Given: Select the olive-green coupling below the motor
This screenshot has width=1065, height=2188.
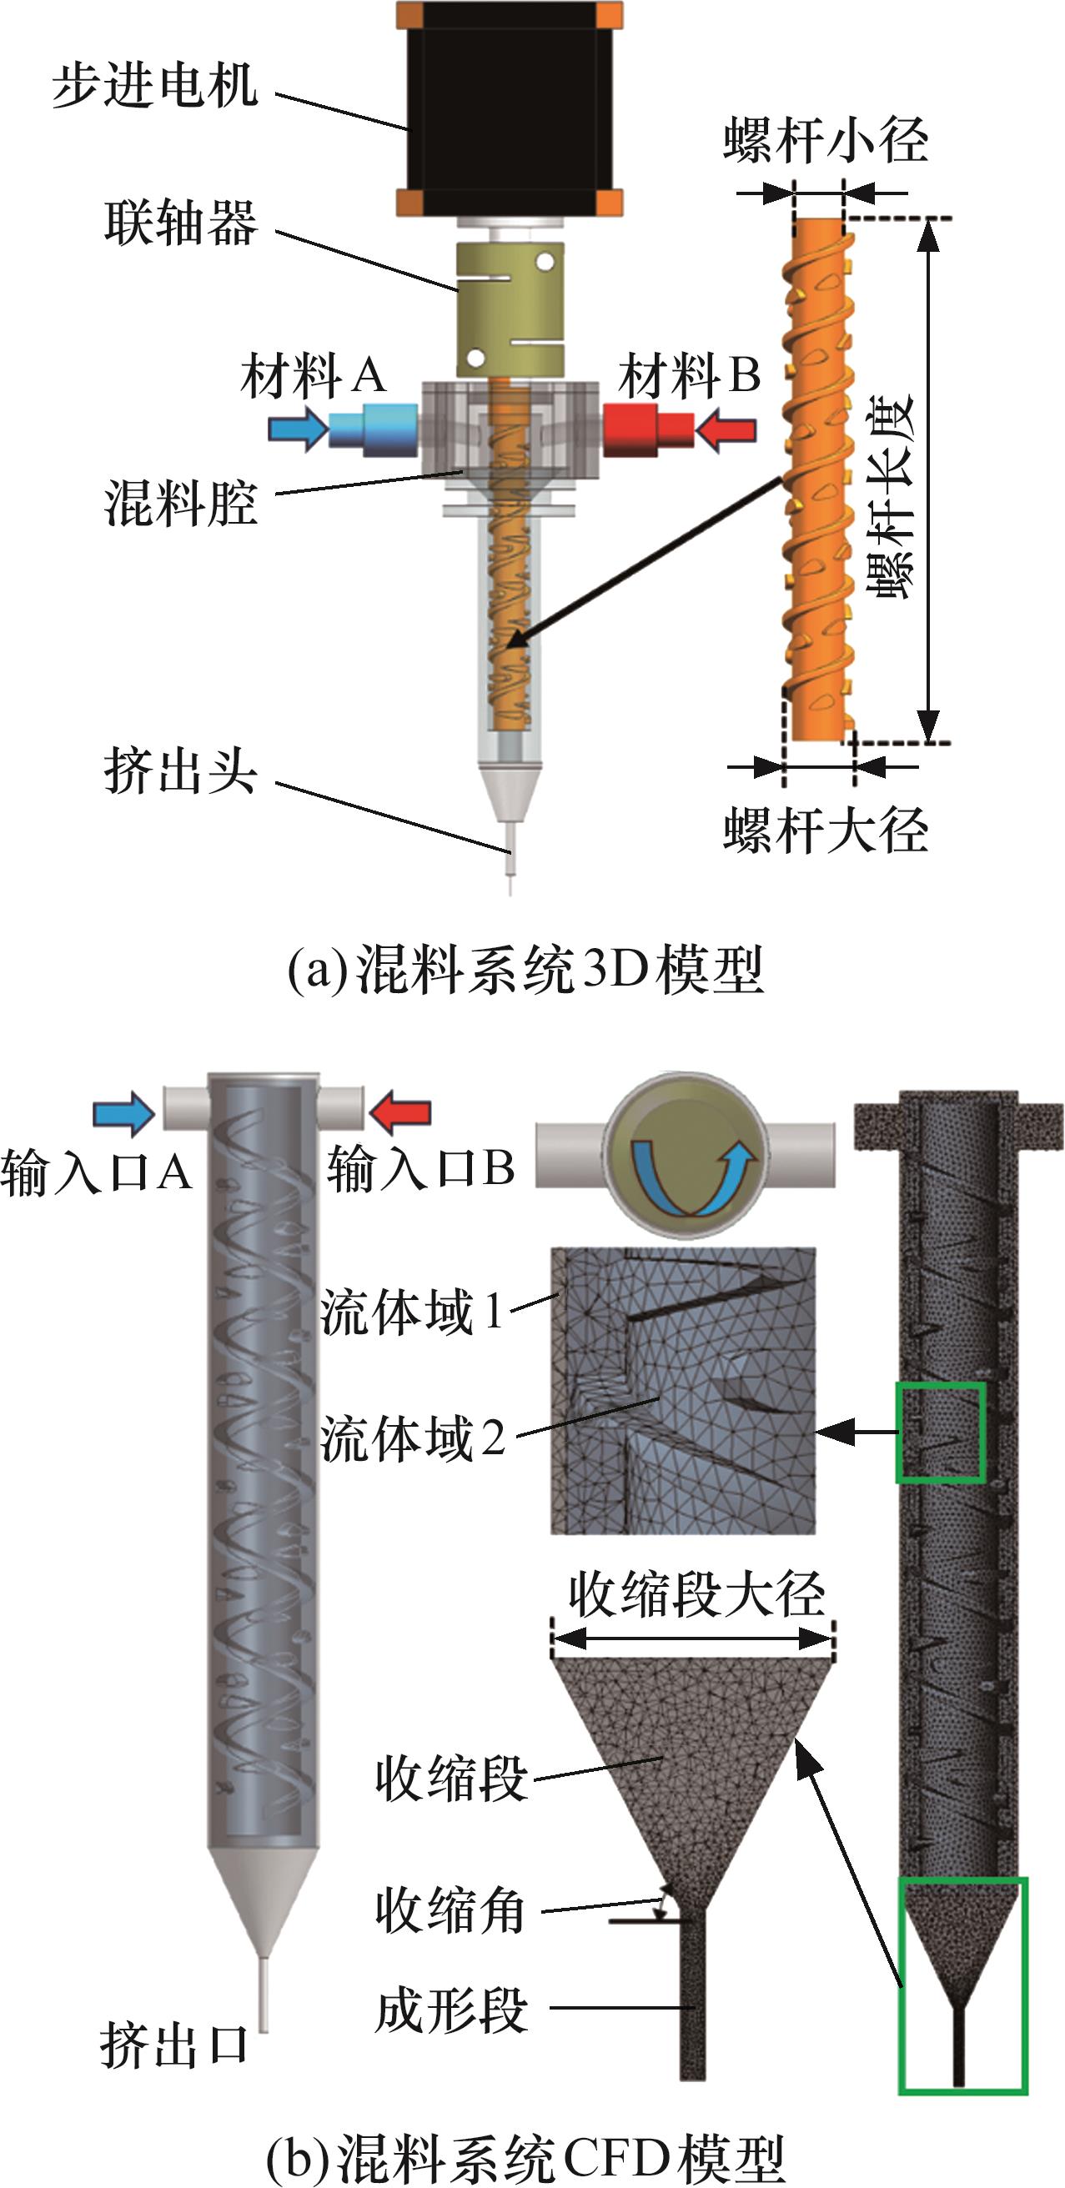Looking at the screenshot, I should (x=510, y=309).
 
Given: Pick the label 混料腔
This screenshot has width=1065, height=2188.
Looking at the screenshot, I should (x=180, y=502).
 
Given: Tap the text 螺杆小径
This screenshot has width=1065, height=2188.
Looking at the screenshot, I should (x=826, y=140).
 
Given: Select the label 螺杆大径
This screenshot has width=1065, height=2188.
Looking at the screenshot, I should (x=826, y=830).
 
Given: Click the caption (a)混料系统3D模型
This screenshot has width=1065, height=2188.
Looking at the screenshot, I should (x=525, y=969).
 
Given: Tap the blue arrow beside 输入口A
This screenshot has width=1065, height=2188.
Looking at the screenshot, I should (x=124, y=1113).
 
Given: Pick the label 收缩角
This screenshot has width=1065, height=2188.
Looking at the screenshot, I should (x=450, y=1911).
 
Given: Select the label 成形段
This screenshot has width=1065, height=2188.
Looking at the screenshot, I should (x=451, y=2010).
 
